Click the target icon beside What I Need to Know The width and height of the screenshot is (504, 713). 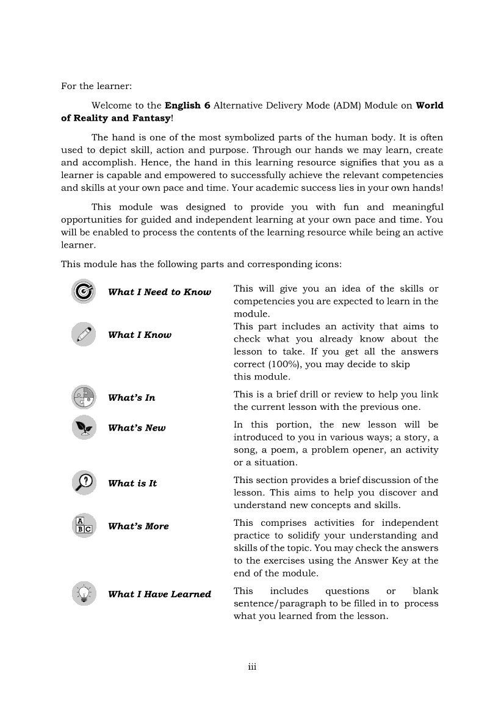click(x=84, y=292)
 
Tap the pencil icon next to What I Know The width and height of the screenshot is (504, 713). click(x=84, y=334)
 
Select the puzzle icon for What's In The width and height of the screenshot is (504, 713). click(x=84, y=397)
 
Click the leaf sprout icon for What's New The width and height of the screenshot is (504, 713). click(x=84, y=428)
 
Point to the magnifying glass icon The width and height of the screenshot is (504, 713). click(x=84, y=482)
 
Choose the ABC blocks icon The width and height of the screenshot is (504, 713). click(x=84, y=525)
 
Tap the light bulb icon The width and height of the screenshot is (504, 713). click(x=84, y=593)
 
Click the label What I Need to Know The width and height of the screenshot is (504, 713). click(x=159, y=292)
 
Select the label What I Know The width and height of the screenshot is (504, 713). click(x=140, y=335)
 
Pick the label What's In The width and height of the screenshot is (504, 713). click(x=131, y=398)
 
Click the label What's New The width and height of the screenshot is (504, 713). click(x=137, y=428)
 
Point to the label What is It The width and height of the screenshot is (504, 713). click(x=132, y=484)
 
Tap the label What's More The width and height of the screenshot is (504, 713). click(x=139, y=526)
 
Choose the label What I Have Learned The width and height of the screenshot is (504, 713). click(x=159, y=595)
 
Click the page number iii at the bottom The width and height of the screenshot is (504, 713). click(x=252, y=667)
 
